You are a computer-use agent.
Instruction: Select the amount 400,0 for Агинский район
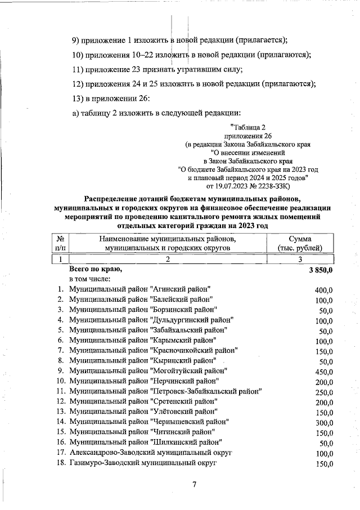324,290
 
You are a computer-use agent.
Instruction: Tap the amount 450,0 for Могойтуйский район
324,372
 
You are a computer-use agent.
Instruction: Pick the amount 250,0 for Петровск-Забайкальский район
324,392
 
